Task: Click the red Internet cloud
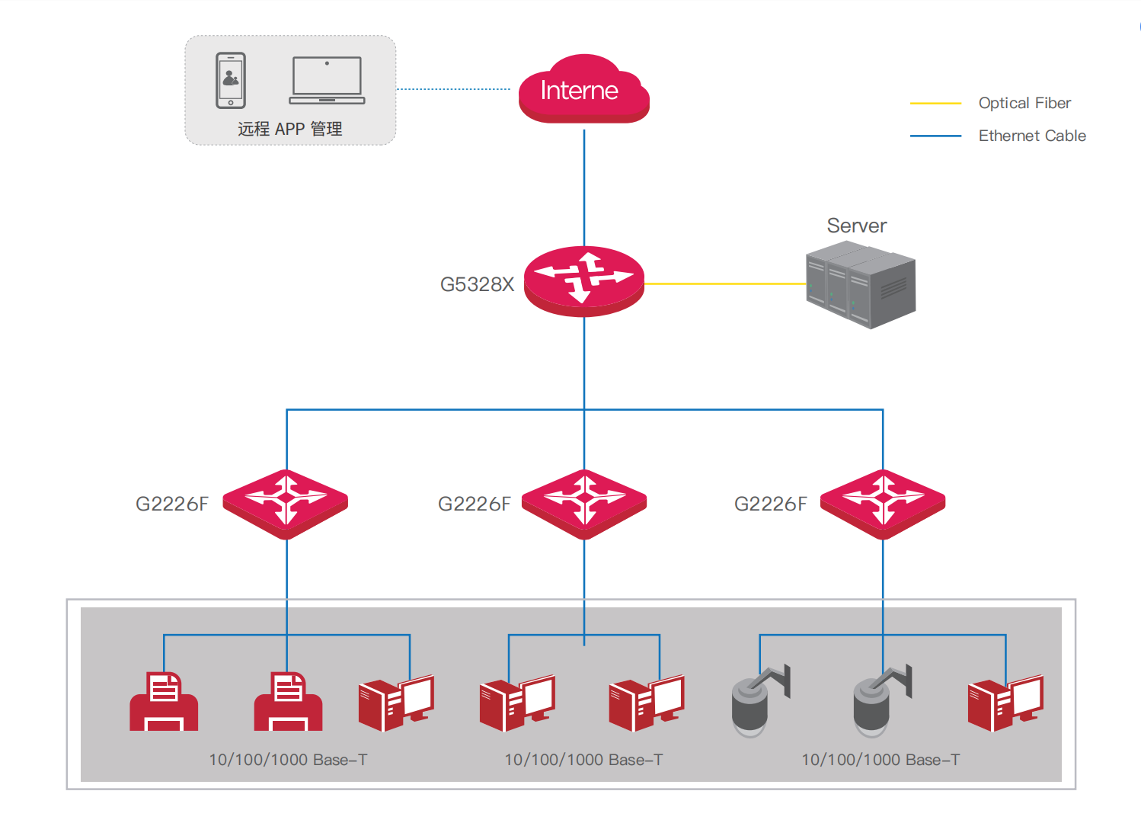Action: (583, 88)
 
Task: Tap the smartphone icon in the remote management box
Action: (231, 81)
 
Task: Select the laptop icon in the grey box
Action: (327, 81)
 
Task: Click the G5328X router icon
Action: (584, 281)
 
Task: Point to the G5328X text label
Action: (478, 284)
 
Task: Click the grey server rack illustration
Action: (861, 284)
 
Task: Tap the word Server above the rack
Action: (857, 226)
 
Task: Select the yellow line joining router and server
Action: (725, 283)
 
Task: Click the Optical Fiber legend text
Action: (1025, 103)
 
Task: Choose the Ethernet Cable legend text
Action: (1033, 136)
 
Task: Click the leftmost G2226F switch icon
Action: (286, 504)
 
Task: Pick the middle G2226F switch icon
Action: (584, 504)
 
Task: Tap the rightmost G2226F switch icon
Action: (883, 504)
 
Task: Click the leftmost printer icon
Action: (164, 702)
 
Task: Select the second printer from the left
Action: (289, 702)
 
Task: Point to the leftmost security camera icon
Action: (761, 701)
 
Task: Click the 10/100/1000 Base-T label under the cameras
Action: (881, 760)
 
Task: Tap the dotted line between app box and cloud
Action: (453, 89)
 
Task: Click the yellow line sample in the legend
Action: (935, 104)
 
